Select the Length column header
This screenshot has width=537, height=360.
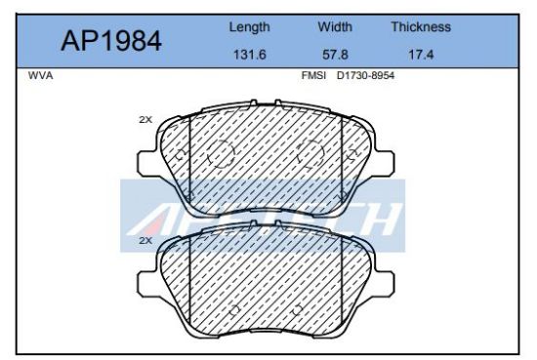tap(249, 27)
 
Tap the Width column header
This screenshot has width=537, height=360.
tap(335, 27)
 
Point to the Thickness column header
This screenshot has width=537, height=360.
tap(420, 27)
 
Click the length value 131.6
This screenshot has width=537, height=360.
tap(249, 55)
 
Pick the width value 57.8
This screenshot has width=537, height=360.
tap(335, 55)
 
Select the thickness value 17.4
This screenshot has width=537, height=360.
tap(420, 55)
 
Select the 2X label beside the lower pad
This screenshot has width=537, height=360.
tap(145, 239)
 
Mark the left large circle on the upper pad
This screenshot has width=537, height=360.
tap(222, 153)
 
